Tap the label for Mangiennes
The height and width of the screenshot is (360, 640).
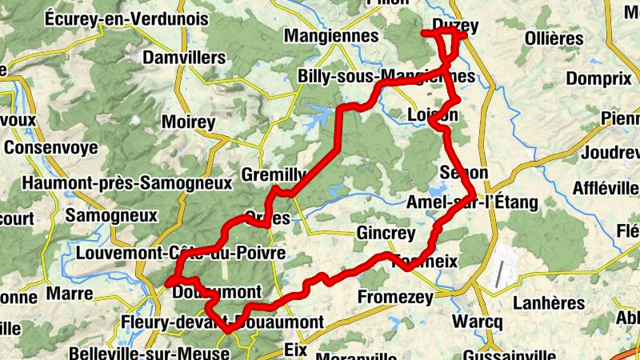tap(331, 36)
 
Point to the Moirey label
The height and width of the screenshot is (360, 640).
tap(189, 122)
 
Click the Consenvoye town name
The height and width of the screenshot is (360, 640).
tap(50, 148)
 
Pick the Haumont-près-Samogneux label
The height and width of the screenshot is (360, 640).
tap(127, 183)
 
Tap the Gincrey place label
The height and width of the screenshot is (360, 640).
tap(387, 234)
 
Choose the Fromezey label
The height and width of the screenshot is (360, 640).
tap(395, 298)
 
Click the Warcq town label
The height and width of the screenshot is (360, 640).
tap(477, 322)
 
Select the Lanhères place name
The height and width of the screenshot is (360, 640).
tap(549, 303)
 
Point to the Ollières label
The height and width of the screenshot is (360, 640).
tap(554, 38)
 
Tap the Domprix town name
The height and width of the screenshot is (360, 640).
tap(598, 79)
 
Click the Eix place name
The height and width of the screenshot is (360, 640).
tap(296, 349)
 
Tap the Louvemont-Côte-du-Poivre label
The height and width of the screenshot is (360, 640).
tap(181, 254)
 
